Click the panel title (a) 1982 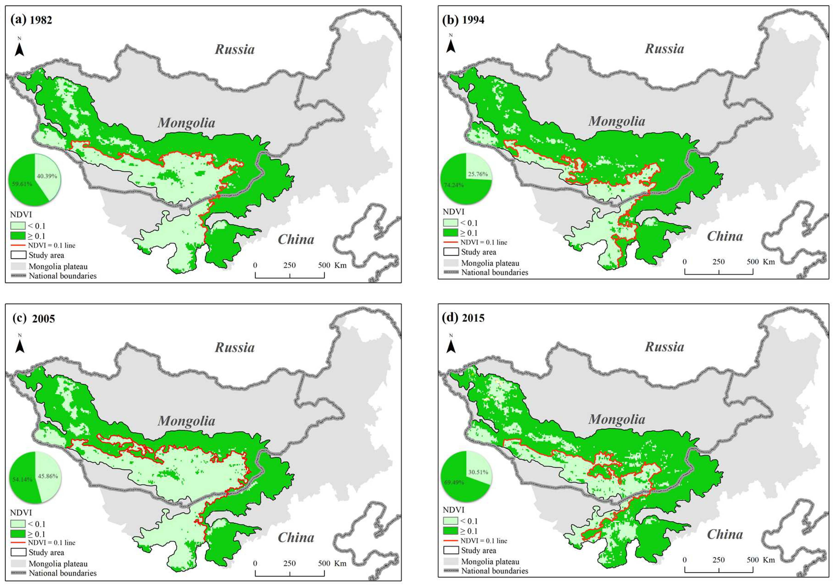click(x=31, y=20)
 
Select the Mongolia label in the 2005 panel click(x=186, y=421)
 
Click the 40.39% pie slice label click(x=47, y=176)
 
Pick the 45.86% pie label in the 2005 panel click(x=48, y=476)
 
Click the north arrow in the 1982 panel click(x=19, y=48)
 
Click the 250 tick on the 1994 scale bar click(x=718, y=262)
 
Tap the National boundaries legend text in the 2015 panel click(x=495, y=571)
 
